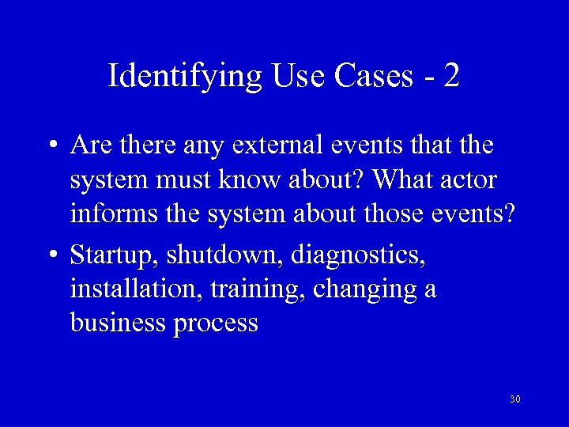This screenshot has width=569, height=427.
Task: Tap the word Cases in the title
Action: click(373, 77)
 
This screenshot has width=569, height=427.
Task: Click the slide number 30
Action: click(515, 399)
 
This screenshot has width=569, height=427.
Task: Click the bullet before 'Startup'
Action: click(51, 255)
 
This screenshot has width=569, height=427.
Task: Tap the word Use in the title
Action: click(300, 77)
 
